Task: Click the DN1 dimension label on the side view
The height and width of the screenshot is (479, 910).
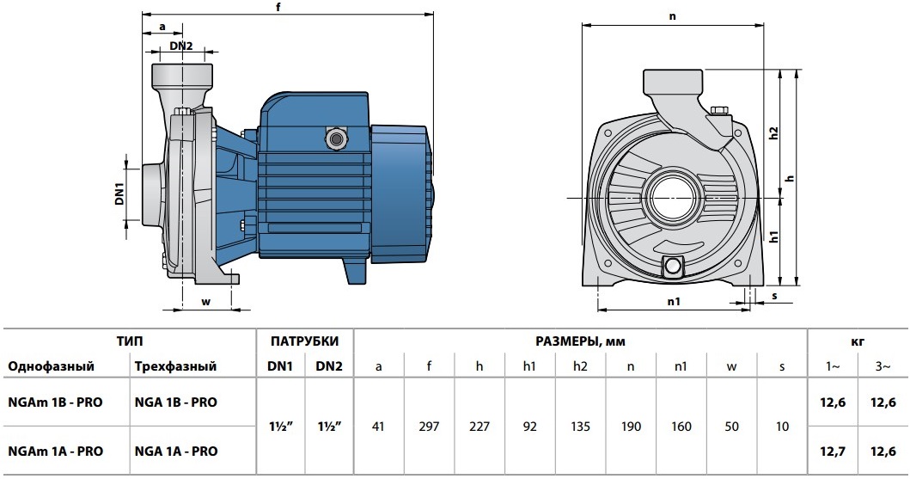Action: pos(120,194)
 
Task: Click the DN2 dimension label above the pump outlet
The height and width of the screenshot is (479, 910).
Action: pos(180,46)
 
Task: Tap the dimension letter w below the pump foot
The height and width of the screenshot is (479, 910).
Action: pos(205,301)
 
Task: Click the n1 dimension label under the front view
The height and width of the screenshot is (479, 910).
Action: pos(674,302)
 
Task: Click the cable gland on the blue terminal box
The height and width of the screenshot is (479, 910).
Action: pos(334,136)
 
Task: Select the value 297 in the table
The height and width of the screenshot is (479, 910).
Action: pos(429,426)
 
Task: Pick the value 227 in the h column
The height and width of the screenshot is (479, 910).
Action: pos(479,426)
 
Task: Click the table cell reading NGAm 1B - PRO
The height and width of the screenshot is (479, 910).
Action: pos(56,402)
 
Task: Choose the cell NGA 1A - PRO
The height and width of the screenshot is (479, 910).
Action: pos(176,451)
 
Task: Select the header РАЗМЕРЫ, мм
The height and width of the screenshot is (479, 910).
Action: pos(580,341)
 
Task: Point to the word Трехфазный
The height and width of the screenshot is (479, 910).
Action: pos(175,366)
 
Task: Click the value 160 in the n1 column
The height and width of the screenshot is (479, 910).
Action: pos(681,426)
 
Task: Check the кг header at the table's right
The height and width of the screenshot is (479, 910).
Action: pos(857,341)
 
